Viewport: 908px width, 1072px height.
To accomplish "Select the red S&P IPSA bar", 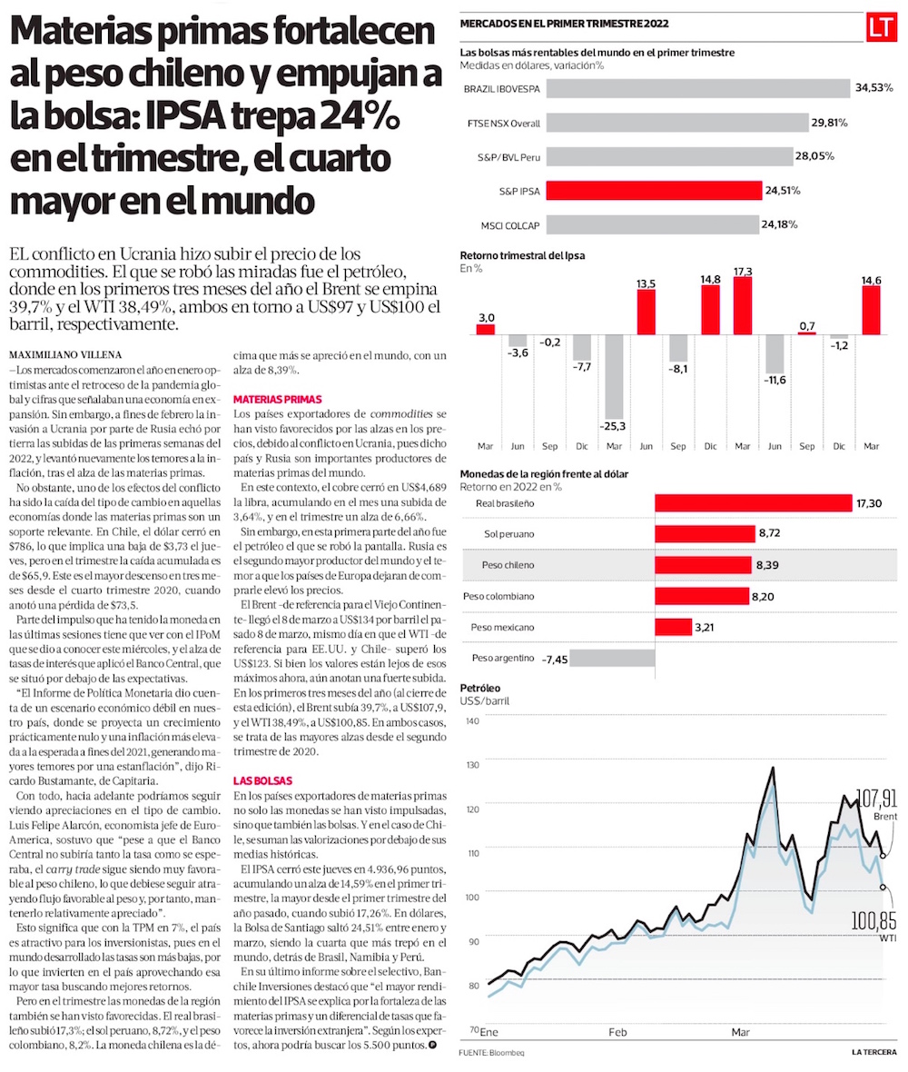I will (x=654, y=191).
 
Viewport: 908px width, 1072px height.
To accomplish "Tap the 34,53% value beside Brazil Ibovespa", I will (x=873, y=88).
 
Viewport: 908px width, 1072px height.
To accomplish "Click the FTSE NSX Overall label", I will (x=502, y=123).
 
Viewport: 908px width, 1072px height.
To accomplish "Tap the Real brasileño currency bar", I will (x=754, y=503).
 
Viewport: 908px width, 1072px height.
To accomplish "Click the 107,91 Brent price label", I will (x=876, y=799).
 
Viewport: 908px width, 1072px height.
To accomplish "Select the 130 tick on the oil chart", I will (x=472, y=765).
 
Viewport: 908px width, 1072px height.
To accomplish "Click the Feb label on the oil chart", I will (x=617, y=1033).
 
